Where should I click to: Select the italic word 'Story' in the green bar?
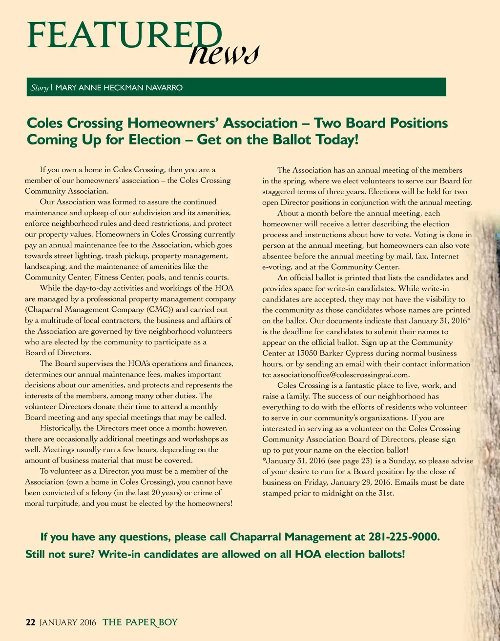click(39, 88)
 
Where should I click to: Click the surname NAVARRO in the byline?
click(164, 88)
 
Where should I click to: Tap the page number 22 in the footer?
click(30, 622)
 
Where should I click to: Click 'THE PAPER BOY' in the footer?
click(140, 622)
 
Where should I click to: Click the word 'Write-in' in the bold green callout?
click(119, 554)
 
